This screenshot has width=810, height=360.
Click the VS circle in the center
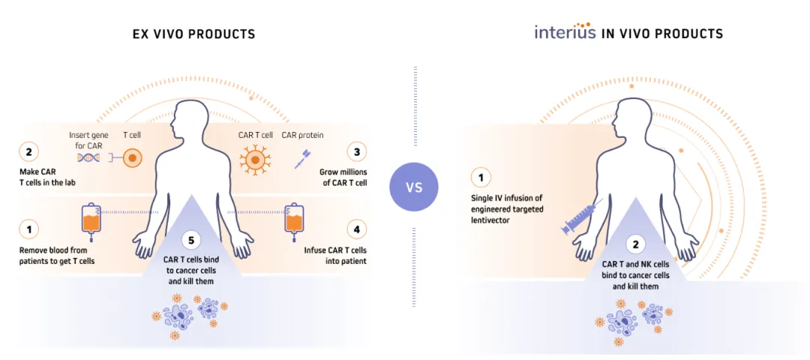tap(415, 186)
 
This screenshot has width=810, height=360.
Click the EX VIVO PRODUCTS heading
tap(193, 34)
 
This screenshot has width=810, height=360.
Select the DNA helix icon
tap(90, 158)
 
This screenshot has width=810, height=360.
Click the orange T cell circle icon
tap(132, 159)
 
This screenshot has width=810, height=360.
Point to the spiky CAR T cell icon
tap(255, 159)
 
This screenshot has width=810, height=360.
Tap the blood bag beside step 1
tap(91, 218)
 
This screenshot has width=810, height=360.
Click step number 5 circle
tap(192, 240)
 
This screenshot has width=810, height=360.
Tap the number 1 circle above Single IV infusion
tap(481, 178)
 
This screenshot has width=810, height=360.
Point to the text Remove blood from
tap(50, 249)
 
